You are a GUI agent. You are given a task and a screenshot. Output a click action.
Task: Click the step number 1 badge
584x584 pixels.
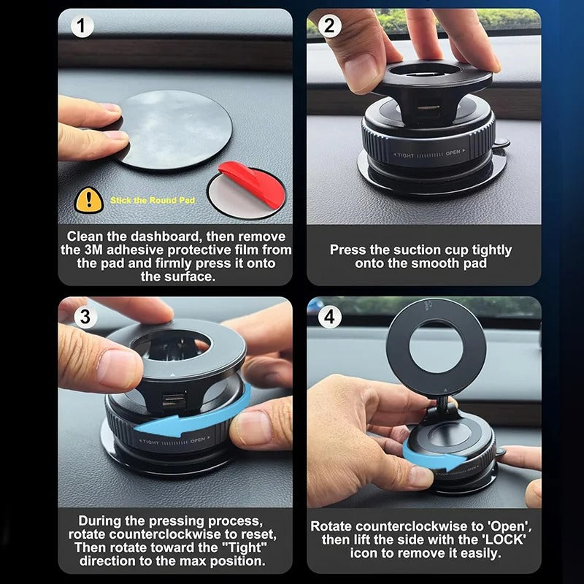point(82,26)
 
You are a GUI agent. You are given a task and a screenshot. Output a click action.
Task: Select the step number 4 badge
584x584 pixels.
point(330,317)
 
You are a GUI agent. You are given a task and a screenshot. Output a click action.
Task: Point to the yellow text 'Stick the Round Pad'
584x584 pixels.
point(152,200)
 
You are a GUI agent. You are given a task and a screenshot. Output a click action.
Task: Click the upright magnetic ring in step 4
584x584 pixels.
point(436,347)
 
